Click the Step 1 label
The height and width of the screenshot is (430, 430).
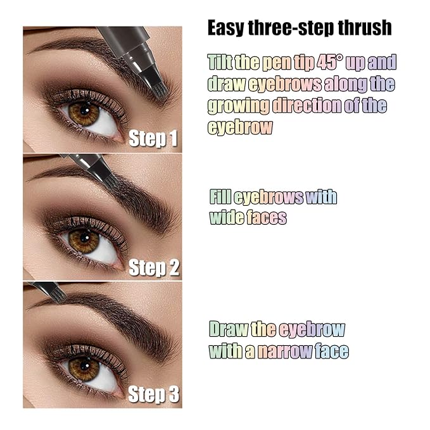[x=153, y=139]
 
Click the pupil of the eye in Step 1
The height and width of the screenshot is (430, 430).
[x=84, y=113]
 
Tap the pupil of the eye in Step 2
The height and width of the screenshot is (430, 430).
[x=84, y=241]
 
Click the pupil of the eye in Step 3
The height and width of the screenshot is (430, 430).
[x=84, y=369]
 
